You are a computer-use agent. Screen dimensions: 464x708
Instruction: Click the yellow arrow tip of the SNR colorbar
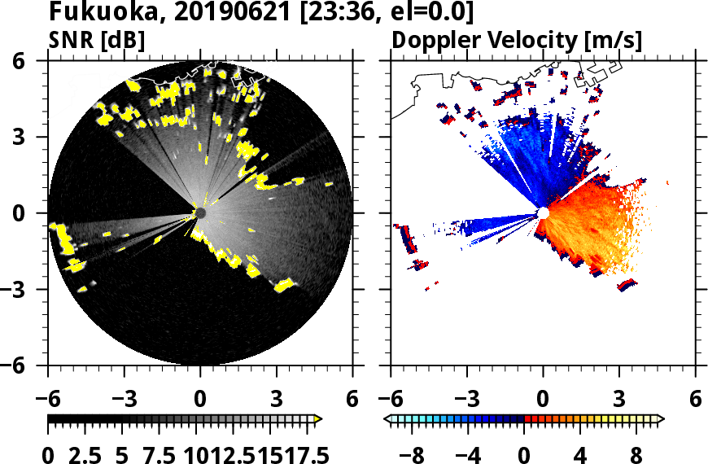point(318,419)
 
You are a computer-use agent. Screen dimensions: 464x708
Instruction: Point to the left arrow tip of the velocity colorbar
point(387,419)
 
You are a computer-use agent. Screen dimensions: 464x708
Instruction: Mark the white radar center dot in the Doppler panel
point(543,213)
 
